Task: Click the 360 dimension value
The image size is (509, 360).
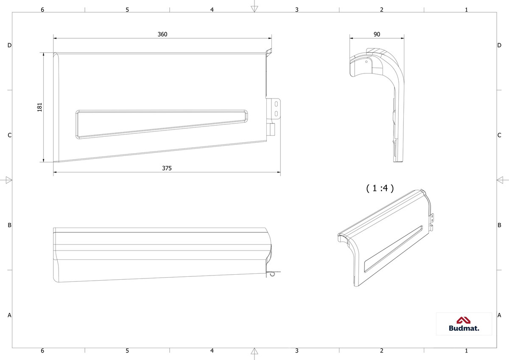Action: tap(162, 34)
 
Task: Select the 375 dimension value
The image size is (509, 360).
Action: tap(167, 168)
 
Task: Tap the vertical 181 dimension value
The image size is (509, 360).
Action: tap(39, 107)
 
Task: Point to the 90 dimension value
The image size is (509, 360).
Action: tap(377, 34)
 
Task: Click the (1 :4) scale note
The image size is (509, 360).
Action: tap(380, 188)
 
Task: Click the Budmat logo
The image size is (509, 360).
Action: tap(464, 324)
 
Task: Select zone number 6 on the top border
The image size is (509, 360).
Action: tap(42, 10)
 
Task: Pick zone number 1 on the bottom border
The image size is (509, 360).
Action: tap(466, 351)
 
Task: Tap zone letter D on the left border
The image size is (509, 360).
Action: tap(9, 45)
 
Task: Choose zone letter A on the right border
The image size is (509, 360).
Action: tap(499, 315)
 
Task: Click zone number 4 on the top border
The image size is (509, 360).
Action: tap(212, 10)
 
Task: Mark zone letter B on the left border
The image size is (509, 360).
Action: tap(9, 225)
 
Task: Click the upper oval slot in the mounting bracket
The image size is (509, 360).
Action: tap(276, 104)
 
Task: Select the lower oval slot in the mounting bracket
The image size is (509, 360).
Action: tap(276, 113)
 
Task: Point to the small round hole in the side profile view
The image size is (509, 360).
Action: tap(366, 62)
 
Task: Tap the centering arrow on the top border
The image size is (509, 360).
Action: tap(254, 9)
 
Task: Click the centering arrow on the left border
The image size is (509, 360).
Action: tap(8, 180)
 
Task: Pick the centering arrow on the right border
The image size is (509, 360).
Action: tap(500, 180)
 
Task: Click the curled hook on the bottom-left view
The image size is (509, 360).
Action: tap(273, 274)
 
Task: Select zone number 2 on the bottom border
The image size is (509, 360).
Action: tap(381, 351)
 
